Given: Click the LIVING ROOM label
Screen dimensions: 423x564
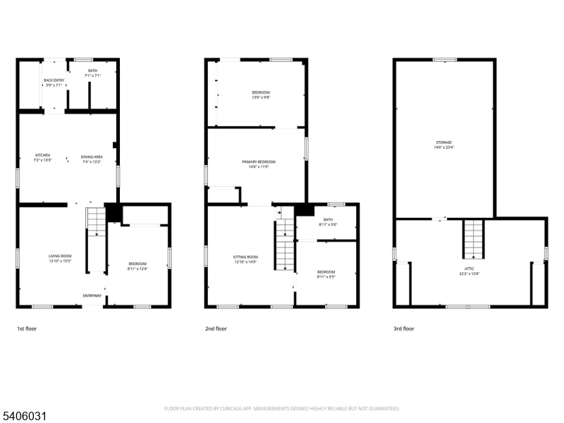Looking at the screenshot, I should [60, 259].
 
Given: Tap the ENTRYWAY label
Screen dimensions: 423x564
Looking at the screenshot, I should [92, 295].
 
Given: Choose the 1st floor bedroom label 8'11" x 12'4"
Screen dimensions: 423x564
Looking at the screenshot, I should [137, 266].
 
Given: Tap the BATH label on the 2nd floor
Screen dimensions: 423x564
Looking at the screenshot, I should [328, 221].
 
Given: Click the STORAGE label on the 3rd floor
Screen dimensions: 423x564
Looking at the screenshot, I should [443, 145].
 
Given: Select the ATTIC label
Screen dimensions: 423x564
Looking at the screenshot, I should [469, 271].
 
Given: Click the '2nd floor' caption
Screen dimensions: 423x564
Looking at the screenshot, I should [216, 329].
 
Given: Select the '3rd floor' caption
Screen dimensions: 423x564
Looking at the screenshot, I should [404, 329].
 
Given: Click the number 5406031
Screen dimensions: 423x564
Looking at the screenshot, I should [24, 417].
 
